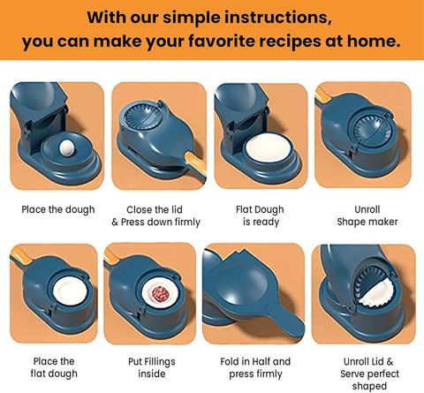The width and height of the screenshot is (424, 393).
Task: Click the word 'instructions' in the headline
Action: (276, 19)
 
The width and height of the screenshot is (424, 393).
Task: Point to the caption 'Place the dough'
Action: (58, 209)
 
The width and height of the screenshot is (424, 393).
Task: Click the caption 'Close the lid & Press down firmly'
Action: (155, 215)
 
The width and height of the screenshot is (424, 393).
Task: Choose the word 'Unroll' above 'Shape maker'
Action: (367, 209)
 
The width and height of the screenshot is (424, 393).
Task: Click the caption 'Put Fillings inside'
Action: (152, 367)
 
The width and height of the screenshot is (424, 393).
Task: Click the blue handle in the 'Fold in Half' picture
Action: (285, 321)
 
